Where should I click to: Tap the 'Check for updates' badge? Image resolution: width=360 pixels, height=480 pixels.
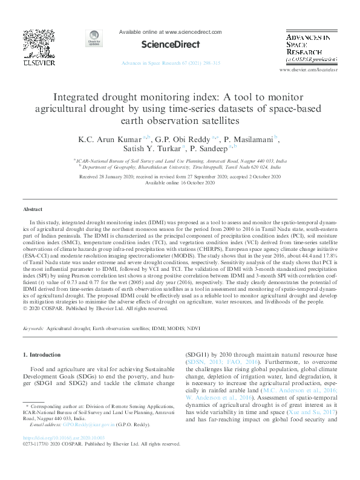tap(94, 39)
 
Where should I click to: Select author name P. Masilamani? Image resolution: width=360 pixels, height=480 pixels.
tap(247, 140)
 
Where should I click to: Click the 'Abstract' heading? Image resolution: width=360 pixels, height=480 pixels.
tap(33, 209)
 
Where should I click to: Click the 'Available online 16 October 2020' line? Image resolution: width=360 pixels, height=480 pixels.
tap(180, 183)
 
